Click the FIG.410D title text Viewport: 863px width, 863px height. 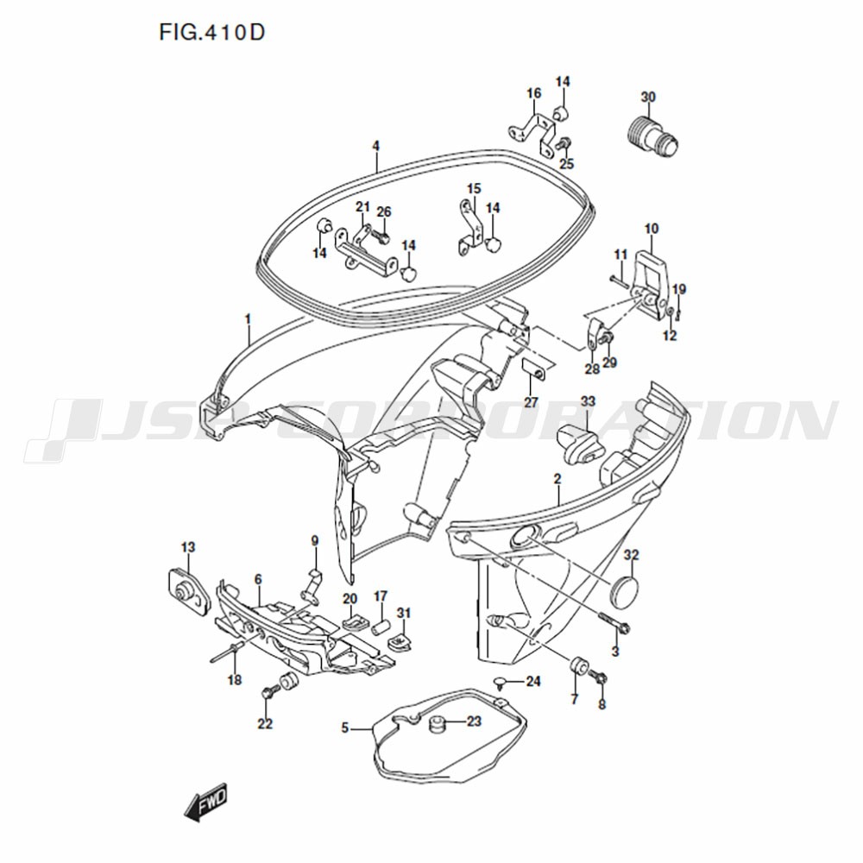tap(212, 33)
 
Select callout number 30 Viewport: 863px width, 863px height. tap(648, 97)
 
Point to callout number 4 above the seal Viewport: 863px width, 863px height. tap(376, 147)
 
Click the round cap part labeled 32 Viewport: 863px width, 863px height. tap(625, 587)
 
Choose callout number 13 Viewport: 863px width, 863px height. tap(188, 548)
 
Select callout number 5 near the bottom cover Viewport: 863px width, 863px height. tap(344, 728)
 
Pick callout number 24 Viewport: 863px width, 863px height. tap(532, 682)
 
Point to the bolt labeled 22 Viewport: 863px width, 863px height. tap(270, 691)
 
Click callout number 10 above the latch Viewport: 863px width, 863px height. tap(651, 229)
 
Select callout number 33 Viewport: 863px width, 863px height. tap(588, 402)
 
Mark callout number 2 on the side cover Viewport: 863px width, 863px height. tap(557, 479)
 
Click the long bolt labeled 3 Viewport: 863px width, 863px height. tap(614, 622)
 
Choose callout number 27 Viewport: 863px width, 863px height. tap(531, 402)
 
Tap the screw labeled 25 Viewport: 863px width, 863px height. tap(563, 144)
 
